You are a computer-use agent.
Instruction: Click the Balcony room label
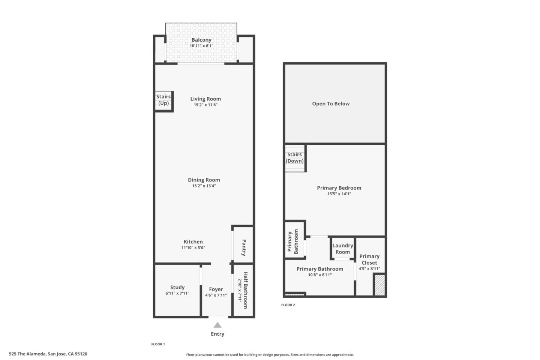click(201, 40)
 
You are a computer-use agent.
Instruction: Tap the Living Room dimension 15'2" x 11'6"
click(205, 105)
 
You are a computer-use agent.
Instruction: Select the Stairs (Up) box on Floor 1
click(164, 100)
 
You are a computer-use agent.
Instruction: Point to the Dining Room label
click(204, 180)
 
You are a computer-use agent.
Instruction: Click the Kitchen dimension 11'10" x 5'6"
click(193, 247)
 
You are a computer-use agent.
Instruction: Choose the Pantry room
click(243, 247)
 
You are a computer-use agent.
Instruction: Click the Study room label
click(177, 288)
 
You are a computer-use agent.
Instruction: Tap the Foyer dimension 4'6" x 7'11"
click(216, 295)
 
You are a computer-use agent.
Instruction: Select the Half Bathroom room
click(243, 291)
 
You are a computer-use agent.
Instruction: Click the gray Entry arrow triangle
click(217, 325)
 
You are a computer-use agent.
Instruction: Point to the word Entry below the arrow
click(217, 334)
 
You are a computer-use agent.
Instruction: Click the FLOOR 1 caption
click(158, 344)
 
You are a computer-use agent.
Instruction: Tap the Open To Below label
click(331, 104)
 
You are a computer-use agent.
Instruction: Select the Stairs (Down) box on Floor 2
click(295, 158)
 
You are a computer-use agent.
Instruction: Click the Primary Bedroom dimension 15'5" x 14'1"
click(339, 194)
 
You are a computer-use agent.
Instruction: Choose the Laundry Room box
click(343, 249)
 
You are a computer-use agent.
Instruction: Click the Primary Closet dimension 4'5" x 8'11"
click(369, 268)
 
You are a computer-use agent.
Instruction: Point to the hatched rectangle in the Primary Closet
click(379, 285)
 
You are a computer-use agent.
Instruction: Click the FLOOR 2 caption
click(288, 305)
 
